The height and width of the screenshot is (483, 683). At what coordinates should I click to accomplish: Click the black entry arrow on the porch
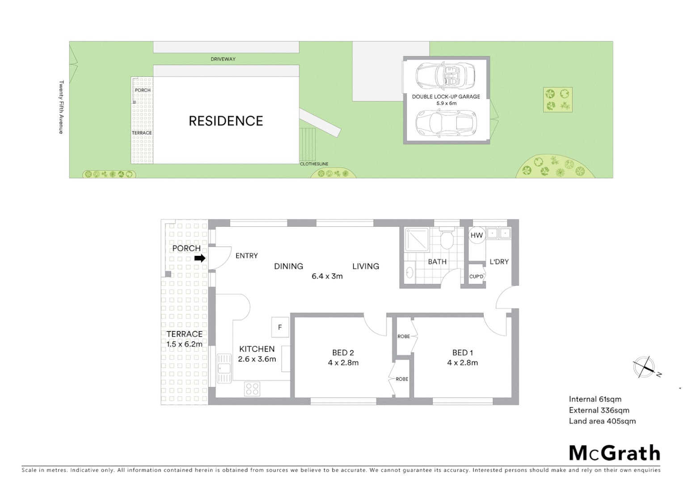coord(200,258)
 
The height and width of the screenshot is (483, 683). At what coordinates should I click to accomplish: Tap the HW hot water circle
coord(476,235)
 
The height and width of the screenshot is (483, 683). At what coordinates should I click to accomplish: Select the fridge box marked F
coord(280,327)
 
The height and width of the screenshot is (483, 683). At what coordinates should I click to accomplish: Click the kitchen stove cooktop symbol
coord(252,389)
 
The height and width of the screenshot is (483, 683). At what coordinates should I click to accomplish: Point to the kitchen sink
coord(224,369)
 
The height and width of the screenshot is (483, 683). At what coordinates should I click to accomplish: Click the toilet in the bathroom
coord(447,239)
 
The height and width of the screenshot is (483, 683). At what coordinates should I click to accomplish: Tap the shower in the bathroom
coord(417,239)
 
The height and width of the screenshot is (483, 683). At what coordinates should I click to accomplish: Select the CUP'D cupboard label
coord(476,277)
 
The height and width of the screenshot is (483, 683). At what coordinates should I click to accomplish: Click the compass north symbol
coord(644,367)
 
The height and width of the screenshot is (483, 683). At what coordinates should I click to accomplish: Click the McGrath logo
coord(614,453)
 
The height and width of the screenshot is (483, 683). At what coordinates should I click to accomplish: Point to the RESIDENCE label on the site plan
coord(226,121)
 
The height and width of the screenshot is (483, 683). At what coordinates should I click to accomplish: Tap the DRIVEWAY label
coord(223,59)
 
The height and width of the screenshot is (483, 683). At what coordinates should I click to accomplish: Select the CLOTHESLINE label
coord(314,164)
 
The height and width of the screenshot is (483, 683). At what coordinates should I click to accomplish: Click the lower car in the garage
coord(446,123)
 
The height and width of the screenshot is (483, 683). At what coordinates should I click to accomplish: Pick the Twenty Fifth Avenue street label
coord(62,107)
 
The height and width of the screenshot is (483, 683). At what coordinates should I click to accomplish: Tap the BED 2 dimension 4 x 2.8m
coord(343,363)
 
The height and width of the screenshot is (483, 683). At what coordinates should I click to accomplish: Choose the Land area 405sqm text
coord(602,421)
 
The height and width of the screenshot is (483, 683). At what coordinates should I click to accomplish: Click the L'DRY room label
coord(499,262)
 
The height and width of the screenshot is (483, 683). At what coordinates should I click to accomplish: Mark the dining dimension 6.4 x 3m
coord(327,276)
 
